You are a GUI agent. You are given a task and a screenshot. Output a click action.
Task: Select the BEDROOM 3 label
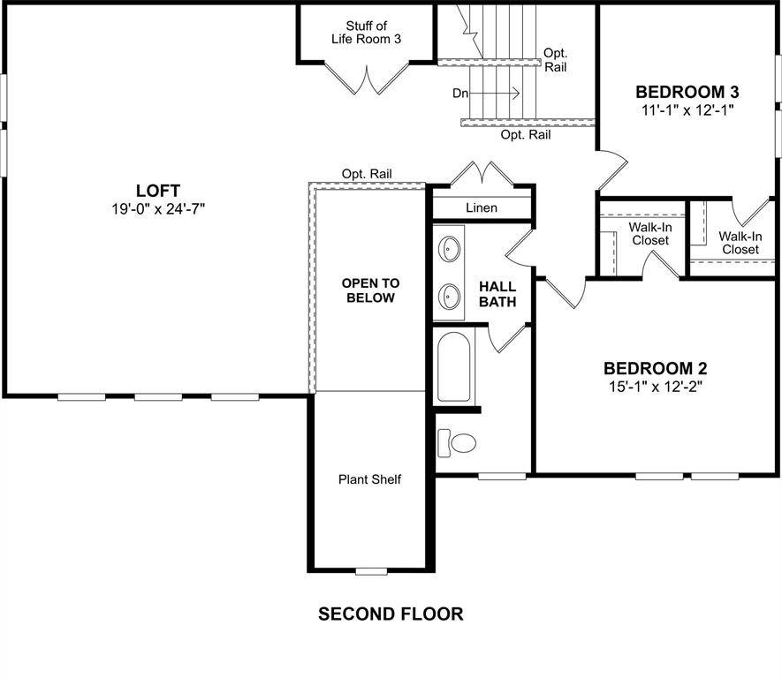pos(687,92)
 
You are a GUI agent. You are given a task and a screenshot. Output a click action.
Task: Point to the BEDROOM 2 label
pos(655,368)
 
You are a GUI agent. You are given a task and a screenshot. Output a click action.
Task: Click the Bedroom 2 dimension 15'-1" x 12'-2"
pos(655,386)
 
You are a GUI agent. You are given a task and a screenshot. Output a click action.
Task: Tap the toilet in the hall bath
pos(457,441)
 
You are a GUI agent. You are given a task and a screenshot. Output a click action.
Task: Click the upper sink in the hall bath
pos(451,250)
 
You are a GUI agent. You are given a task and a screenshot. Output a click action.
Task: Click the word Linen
pos(481,207)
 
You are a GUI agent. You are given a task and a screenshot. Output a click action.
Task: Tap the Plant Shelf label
pos(369,479)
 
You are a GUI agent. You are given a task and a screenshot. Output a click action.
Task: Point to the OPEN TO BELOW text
pos(370,290)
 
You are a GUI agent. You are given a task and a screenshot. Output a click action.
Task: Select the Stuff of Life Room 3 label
pos(366,32)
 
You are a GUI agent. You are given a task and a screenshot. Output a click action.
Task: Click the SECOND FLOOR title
pos(390,614)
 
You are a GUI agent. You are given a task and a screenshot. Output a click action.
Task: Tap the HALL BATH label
pos(497,295)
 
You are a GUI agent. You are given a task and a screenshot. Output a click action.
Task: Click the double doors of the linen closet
pos(482,174)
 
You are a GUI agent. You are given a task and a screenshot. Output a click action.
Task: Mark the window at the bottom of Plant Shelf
pos(371,571)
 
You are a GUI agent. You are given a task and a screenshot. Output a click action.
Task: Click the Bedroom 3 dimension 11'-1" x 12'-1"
pos(687,110)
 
